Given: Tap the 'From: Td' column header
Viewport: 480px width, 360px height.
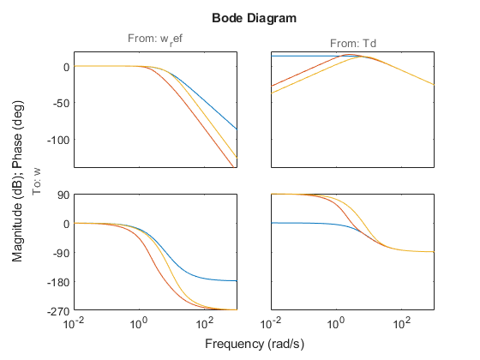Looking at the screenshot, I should point(352,44).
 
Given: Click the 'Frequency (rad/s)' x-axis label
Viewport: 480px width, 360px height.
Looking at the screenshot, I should point(253,344).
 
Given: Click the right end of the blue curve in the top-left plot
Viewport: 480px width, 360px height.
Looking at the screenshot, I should point(237,129).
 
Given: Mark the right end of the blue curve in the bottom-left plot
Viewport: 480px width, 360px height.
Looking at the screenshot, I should point(237,281).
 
